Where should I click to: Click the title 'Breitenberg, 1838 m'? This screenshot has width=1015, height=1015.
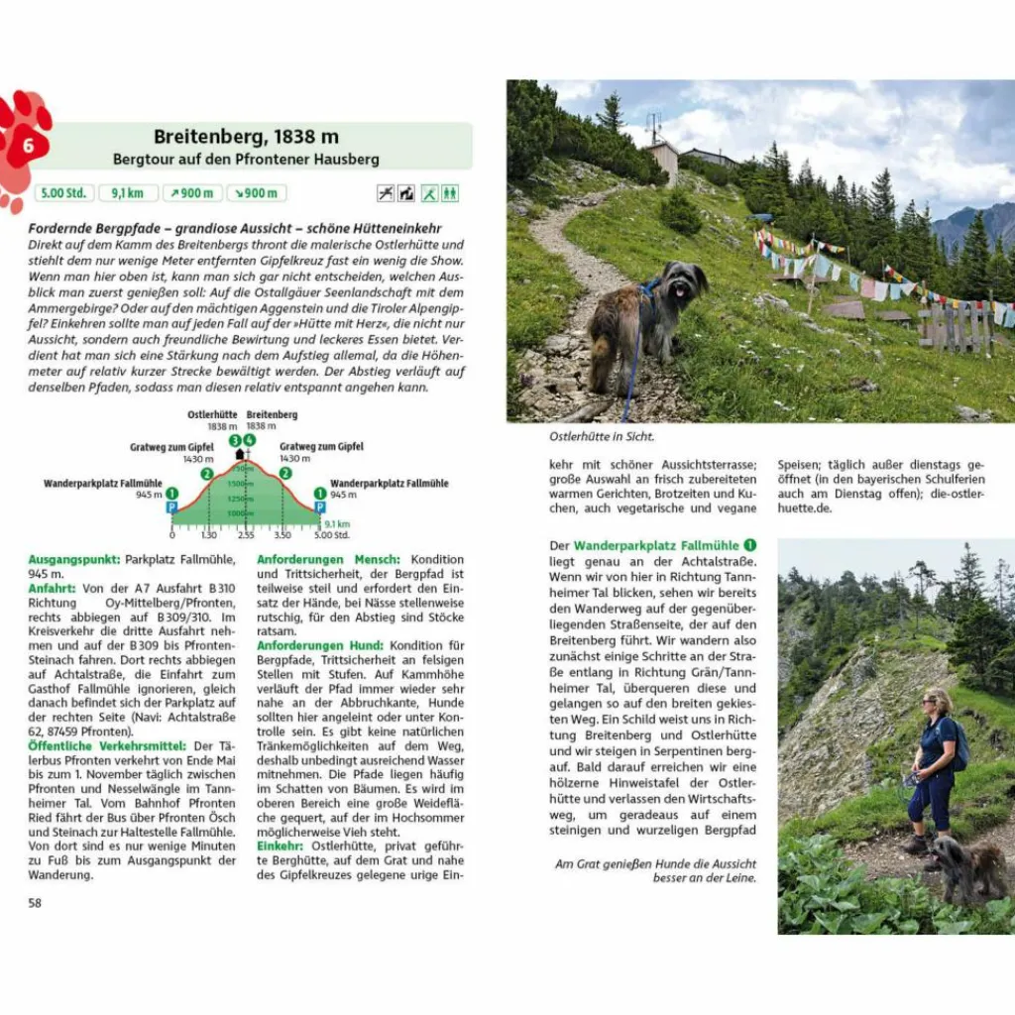coord(246,138)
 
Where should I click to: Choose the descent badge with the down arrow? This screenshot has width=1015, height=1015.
coord(256,193)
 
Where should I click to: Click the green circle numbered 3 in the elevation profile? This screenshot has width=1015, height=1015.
coord(235,440)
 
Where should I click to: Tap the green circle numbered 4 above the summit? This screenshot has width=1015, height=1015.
coord(249,440)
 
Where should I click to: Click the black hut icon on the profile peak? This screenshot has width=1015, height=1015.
coord(240,454)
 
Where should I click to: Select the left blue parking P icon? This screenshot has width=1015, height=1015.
coord(171,507)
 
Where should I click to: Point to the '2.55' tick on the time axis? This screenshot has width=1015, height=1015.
coord(246,534)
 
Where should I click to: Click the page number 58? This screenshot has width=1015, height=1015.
coord(35,902)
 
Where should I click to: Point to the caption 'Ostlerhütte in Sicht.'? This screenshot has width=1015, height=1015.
coord(602,435)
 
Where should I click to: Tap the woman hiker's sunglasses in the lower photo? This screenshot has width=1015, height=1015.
coord(932,702)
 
